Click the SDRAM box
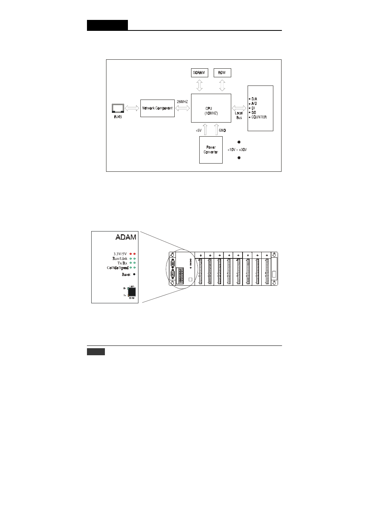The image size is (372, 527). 199,73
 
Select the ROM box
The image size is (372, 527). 222,73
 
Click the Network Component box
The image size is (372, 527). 157,108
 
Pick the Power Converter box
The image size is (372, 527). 211,150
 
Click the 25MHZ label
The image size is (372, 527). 182,101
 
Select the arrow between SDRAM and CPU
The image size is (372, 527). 199,85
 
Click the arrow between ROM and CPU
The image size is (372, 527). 222,85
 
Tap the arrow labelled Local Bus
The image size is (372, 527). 239,108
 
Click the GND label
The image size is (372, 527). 222,130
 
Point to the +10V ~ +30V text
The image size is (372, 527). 237,150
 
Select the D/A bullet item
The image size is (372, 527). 254,99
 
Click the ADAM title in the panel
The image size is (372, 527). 126,237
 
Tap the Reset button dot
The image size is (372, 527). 134,274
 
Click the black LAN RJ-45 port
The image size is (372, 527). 131,293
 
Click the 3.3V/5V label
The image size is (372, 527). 120,254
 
